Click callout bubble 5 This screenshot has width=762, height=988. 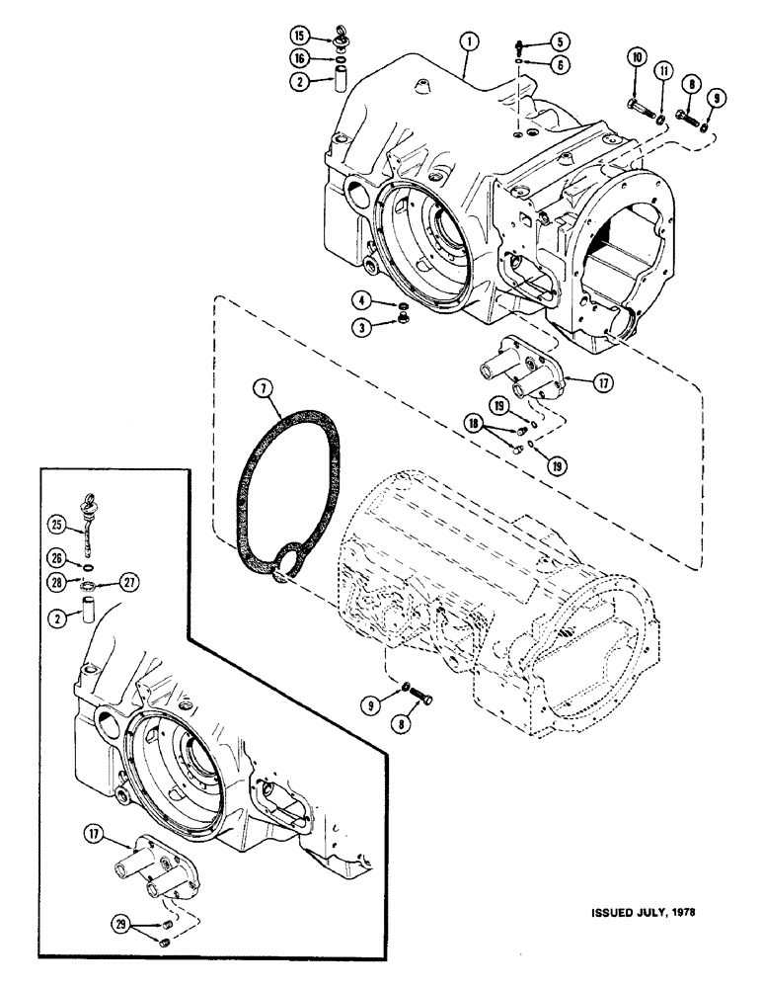(x=559, y=42)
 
